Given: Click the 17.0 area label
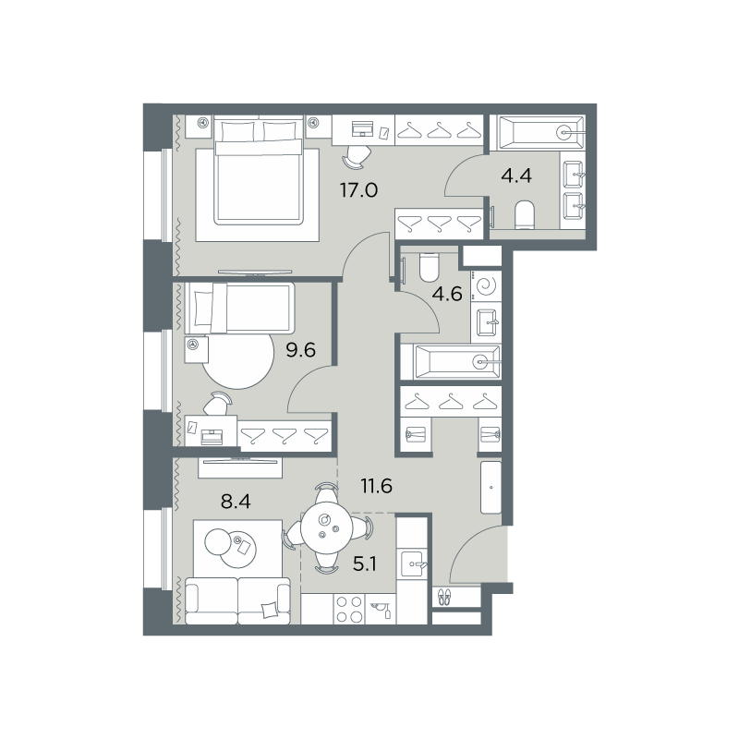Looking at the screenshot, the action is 358,190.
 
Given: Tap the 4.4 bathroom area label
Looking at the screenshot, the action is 516,176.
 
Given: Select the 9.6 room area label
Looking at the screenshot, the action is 301,350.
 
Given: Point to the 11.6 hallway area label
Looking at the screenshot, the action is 377,485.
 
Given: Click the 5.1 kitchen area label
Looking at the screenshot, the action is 365,563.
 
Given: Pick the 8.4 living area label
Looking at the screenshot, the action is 236,502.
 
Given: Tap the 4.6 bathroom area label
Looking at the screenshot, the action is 447,294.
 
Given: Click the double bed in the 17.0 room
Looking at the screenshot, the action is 259,171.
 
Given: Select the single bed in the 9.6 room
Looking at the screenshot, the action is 240,308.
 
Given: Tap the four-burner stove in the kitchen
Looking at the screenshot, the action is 349,609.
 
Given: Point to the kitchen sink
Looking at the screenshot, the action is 413,563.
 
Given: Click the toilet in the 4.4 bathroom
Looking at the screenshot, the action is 525,215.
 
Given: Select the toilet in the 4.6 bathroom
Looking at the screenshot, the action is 429,267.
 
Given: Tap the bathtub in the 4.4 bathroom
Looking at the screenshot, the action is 538,133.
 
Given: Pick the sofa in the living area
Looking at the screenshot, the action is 237,601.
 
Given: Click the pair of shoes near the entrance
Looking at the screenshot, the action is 443,597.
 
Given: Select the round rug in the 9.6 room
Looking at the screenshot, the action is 238,360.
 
